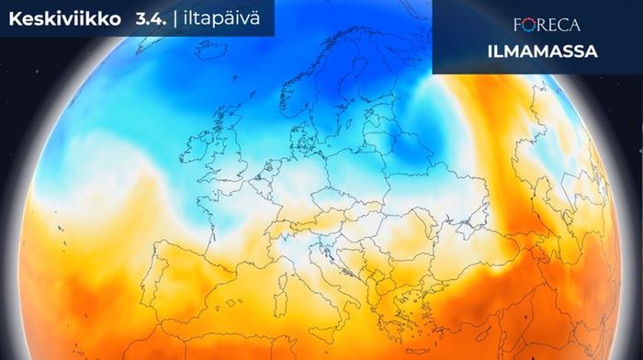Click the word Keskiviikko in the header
[x=57, y=17]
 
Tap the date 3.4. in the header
[x=138, y=17]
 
